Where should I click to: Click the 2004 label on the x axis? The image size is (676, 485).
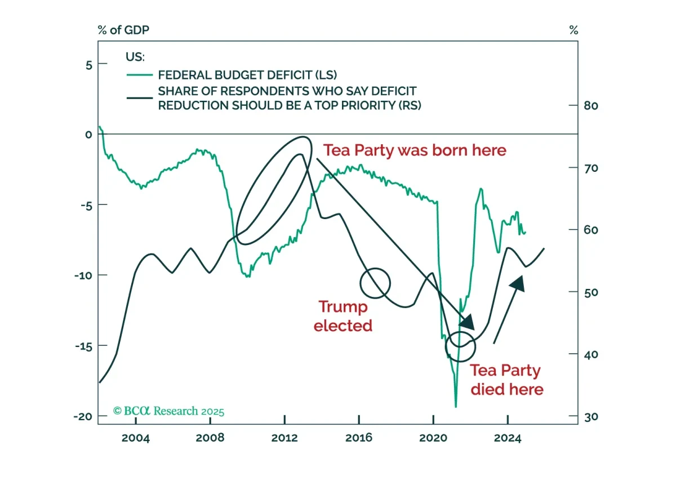click(x=136, y=438)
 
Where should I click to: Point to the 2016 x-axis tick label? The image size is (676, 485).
click(x=359, y=438)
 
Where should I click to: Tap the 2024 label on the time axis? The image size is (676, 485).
click(x=508, y=438)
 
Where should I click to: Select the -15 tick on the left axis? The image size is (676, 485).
click(x=83, y=346)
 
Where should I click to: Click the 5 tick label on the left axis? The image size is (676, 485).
click(x=89, y=65)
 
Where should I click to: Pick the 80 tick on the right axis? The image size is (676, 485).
click(x=591, y=106)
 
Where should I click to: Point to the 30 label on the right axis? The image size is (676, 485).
click(x=591, y=417)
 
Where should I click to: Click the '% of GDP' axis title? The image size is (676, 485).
click(x=123, y=30)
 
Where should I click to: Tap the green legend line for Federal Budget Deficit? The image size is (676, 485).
click(x=140, y=75)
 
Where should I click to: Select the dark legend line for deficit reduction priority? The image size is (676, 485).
click(x=140, y=98)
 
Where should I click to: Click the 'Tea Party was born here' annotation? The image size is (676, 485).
click(x=415, y=150)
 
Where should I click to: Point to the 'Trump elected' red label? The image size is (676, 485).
click(x=343, y=316)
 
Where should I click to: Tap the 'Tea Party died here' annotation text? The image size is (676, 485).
click(x=507, y=380)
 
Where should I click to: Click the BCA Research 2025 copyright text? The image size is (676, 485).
click(x=168, y=411)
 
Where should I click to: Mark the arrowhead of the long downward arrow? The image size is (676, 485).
click(x=468, y=322)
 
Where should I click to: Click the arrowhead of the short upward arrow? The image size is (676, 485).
click(x=518, y=283)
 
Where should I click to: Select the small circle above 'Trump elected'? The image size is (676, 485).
click(x=375, y=268)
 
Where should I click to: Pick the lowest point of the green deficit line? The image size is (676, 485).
click(x=456, y=407)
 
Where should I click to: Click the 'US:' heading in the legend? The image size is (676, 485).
click(x=135, y=57)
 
